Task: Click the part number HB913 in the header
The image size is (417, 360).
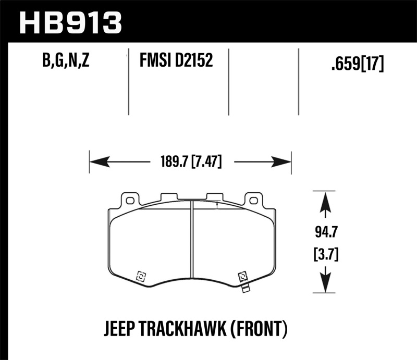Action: point(70,22)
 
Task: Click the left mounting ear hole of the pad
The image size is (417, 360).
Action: point(129,200)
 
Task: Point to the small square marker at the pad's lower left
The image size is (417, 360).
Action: point(140,277)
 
